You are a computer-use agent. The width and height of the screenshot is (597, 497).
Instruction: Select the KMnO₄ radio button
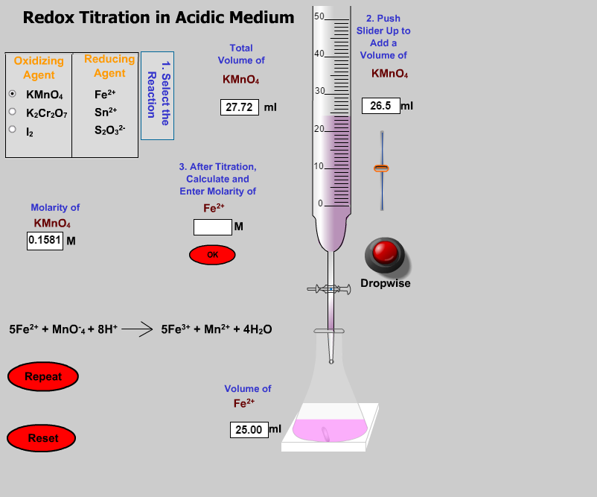(x=12, y=94)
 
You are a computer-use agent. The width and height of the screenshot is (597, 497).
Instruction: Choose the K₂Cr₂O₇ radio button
(x=12, y=112)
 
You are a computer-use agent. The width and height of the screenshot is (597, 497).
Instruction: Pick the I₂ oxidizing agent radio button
(x=12, y=130)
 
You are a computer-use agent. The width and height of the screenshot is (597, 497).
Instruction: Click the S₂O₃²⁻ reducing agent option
(x=109, y=130)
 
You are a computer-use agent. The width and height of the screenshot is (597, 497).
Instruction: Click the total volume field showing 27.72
(x=240, y=107)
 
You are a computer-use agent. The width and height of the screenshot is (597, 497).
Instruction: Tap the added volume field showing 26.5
(x=380, y=106)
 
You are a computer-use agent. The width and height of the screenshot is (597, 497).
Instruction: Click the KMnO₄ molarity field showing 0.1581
(x=45, y=241)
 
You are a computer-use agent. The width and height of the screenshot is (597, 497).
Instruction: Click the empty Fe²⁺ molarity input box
(x=213, y=227)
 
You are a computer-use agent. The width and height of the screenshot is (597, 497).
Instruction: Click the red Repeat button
(x=43, y=376)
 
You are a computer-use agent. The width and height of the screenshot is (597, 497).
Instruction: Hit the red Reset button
(x=43, y=438)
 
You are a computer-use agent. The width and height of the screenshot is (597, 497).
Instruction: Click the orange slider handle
(x=381, y=168)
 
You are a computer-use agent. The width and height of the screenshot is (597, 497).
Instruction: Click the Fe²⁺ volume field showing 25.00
(x=249, y=430)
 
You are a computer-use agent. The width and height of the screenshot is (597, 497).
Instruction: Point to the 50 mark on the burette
(x=320, y=16)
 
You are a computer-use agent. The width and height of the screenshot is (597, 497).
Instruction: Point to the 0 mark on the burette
(x=321, y=203)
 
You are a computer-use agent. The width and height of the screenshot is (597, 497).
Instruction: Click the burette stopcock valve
(x=329, y=288)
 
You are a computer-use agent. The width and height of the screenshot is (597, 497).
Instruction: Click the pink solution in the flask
(x=330, y=430)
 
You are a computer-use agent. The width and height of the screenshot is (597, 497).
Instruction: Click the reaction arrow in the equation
(x=137, y=329)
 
